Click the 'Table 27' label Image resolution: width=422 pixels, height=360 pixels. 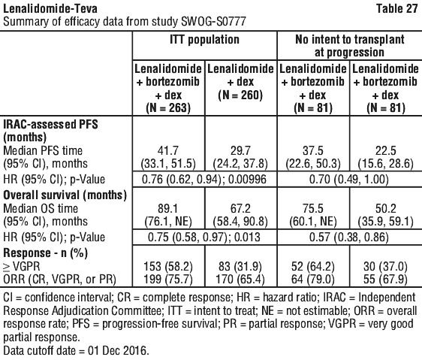tap(396, 8)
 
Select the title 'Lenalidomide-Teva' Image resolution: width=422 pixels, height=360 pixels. tap(50, 8)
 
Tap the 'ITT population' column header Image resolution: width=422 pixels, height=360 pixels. tap(204, 39)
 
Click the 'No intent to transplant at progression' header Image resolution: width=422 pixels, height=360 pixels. tap(350, 46)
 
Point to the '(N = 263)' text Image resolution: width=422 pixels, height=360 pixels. tap(168, 107)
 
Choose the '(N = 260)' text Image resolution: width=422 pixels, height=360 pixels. tap(240, 95)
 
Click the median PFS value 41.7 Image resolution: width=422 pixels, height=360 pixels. tap(168, 150)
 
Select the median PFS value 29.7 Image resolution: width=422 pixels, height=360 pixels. tap(240, 150)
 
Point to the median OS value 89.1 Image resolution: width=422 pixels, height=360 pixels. tap(168, 209)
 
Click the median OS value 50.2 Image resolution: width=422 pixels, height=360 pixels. tap(386, 209)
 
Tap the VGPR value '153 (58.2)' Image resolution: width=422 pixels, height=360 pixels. tap(168, 267)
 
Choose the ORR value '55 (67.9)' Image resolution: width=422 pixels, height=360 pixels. tap(386, 280)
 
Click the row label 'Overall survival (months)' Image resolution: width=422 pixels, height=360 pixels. tap(65, 195)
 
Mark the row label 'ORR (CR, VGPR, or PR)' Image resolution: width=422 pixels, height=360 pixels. tap(60, 280)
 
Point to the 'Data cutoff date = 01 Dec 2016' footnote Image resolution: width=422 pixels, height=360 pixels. tap(76, 350)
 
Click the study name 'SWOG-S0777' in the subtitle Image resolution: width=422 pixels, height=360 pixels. tap(214, 22)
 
